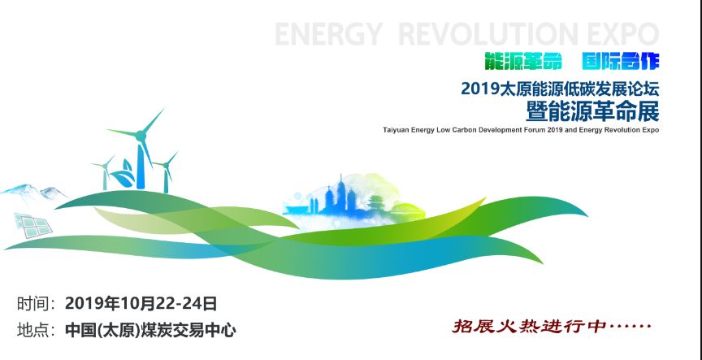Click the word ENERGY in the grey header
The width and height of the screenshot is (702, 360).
[x=328, y=34]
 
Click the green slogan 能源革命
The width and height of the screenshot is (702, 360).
[x=523, y=61]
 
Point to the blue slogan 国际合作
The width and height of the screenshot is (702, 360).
[x=621, y=61]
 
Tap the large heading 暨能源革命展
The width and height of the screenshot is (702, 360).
[x=593, y=111]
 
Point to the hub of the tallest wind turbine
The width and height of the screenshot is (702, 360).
[x=141, y=134]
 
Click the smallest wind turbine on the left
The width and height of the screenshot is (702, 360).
[x=104, y=173]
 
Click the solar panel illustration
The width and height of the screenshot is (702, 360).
[x=33, y=225]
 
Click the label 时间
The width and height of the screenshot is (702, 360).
[x=32, y=304]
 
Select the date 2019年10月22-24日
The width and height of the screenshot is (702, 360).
[x=141, y=304]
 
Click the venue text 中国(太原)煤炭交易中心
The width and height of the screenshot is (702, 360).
[x=150, y=331]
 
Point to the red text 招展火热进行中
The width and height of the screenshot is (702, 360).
[x=528, y=326]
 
